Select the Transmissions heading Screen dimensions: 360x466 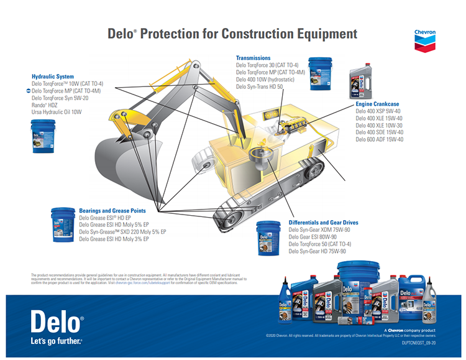[x=253, y=58]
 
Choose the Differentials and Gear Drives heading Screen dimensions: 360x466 [x=323, y=223]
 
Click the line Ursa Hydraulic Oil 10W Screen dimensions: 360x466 [x=57, y=112]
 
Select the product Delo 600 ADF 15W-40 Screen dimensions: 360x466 [x=379, y=139]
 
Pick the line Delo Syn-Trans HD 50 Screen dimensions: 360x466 [x=259, y=86]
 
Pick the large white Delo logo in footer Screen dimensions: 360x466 [x=57, y=323]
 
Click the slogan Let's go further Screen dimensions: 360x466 [x=57, y=341]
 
